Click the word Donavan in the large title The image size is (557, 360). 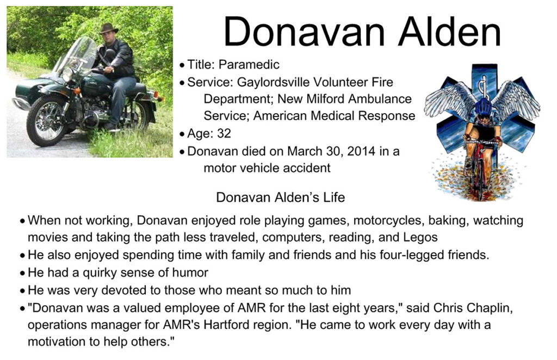(304, 32)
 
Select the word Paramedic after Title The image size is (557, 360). (249, 64)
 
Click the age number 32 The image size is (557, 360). (224, 133)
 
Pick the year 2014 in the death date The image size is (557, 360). (361, 151)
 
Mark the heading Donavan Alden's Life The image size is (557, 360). (280, 197)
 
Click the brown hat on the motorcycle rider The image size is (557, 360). (108, 28)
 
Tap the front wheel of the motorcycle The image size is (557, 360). (47, 121)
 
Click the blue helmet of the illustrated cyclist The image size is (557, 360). (483, 106)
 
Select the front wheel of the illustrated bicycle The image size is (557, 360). (479, 177)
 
